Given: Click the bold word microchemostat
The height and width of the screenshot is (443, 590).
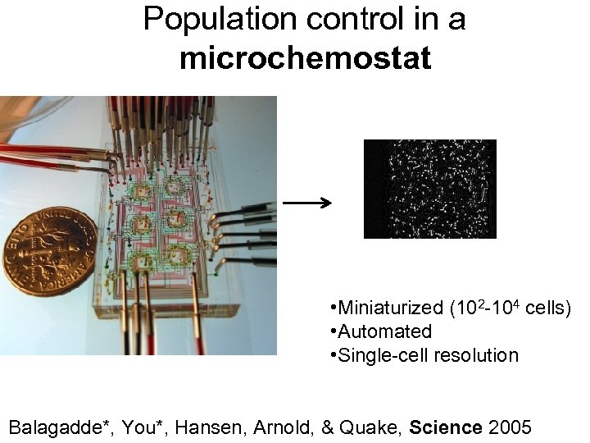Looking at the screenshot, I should pyautogui.click(x=305, y=58).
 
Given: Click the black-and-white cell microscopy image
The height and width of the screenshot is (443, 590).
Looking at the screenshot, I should pyautogui.click(x=429, y=189).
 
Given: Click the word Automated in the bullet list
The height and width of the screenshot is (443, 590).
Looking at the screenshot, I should pyautogui.click(x=384, y=331).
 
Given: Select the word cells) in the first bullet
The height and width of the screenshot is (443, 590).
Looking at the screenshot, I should pyautogui.click(x=547, y=308).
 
